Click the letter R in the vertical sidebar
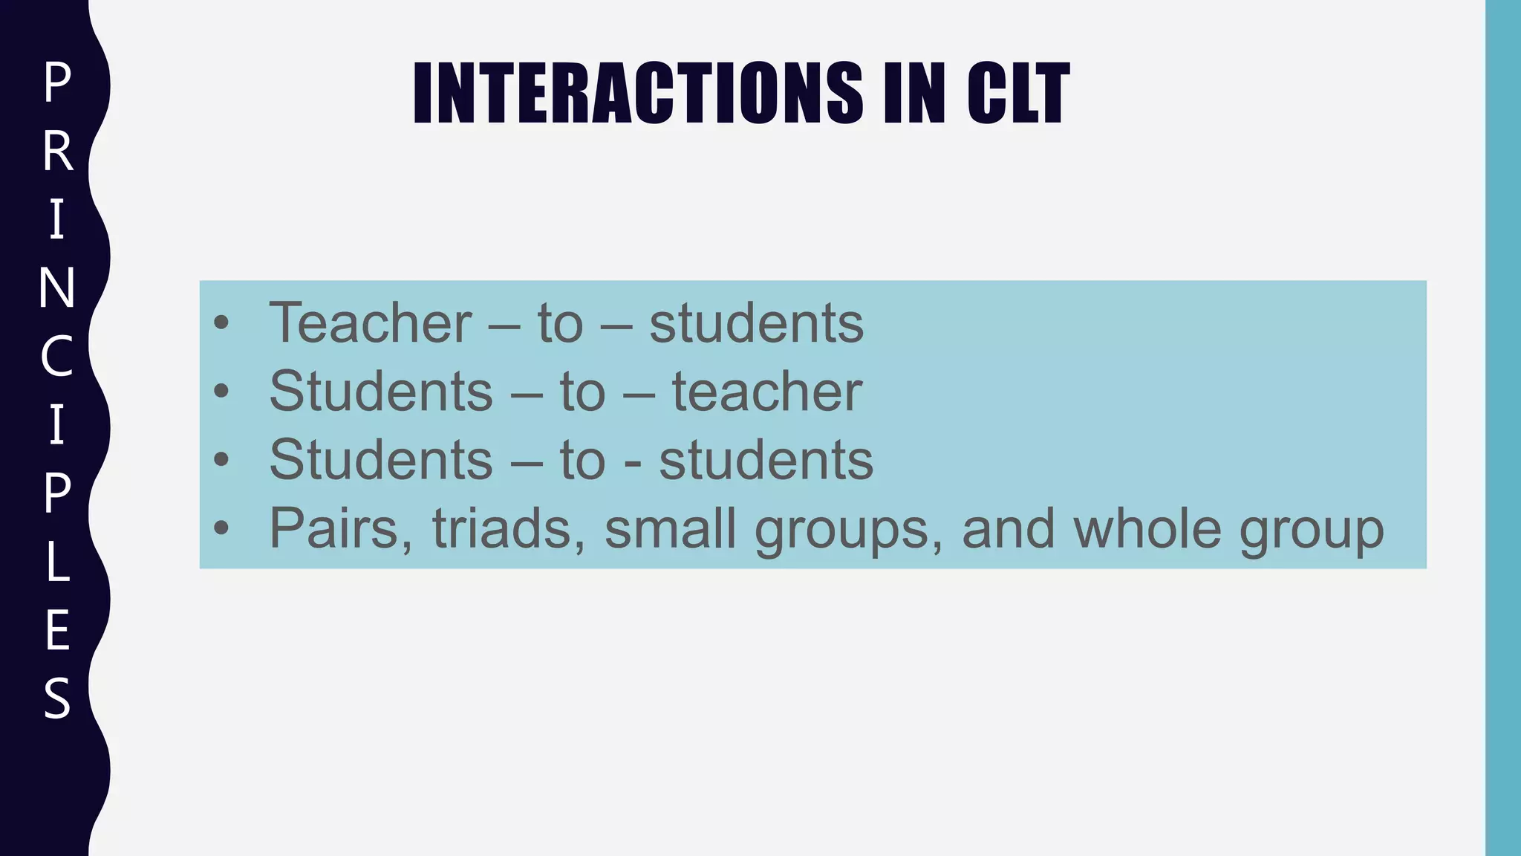(57, 152)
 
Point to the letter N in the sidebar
(57, 288)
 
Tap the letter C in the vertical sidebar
(57, 357)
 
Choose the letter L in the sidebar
(57, 562)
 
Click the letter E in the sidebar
(57, 630)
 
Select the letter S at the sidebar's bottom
(57, 698)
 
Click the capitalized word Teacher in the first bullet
(370, 323)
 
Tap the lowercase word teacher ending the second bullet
(766, 392)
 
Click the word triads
(501, 528)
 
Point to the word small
(671, 528)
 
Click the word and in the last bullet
(1008, 528)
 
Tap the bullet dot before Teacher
(221, 323)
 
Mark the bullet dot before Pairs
(221, 528)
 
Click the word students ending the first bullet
(756, 323)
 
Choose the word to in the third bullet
(582, 460)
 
